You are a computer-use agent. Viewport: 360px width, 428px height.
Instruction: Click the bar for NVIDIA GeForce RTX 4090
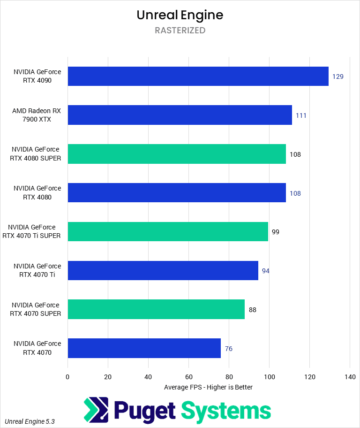coord(198,76)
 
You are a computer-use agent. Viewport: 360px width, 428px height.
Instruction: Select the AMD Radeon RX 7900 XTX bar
coord(180,115)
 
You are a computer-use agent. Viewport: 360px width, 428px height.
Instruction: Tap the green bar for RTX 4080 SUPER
coord(177,154)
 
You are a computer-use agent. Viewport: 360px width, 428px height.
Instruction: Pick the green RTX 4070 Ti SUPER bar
coord(168,231)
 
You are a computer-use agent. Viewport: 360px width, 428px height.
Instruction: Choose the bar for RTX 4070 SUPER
coord(156,309)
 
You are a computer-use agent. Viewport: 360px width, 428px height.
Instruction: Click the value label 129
coord(338,76)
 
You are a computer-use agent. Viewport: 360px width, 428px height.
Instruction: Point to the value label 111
coord(301,115)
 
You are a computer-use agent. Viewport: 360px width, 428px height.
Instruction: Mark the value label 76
coord(228,349)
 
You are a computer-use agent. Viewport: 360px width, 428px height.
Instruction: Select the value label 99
coord(276,232)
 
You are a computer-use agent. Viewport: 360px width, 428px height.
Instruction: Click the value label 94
coord(266,271)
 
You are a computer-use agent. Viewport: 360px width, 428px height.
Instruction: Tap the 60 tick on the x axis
coord(188,376)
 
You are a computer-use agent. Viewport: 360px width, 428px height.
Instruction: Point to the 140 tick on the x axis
coord(350,376)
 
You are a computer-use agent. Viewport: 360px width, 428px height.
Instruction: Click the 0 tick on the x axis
coord(67,376)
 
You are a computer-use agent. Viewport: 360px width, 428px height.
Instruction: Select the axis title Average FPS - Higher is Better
coord(208,387)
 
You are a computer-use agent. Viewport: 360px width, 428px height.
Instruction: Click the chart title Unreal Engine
coord(180,15)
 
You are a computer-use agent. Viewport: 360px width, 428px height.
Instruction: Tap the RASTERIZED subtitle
coord(180,31)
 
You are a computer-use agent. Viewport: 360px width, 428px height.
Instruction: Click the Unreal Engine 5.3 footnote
coord(30,421)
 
